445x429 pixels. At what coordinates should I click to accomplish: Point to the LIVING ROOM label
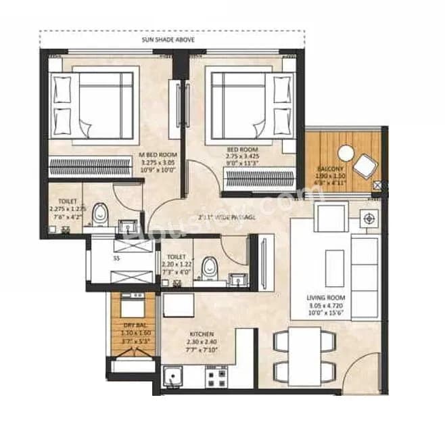pyautogui.click(x=326, y=305)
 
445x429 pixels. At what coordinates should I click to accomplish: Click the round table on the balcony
pyautogui.click(x=346, y=154)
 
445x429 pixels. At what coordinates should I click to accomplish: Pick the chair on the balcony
pyautogui.click(x=367, y=165)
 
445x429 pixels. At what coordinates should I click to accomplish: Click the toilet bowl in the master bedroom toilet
pyautogui.click(x=100, y=212)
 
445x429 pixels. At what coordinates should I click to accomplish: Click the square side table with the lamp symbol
pyautogui.click(x=369, y=219)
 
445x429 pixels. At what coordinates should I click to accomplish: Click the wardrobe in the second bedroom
pyautogui.click(x=259, y=178)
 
